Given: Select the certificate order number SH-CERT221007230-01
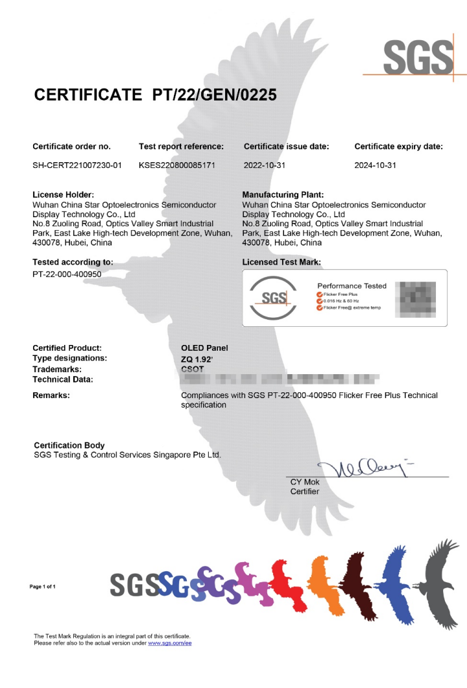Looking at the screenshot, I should [77, 165].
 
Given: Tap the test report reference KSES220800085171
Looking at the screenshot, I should [176, 165].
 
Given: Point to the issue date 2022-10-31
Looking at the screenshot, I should [265, 165].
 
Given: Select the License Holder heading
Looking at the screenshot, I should [63, 195].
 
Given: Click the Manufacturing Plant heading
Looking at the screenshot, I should [283, 195].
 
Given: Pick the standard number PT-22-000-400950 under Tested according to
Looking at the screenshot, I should [67, 274].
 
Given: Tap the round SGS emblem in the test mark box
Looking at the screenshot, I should [274, 297].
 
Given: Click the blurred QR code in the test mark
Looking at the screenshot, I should [416, 297].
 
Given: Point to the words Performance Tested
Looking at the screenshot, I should [352, 285].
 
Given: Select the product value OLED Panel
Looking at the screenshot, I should [204, 348].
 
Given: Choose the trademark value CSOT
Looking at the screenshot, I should [193, 368].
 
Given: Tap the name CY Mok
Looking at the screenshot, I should [305, 482].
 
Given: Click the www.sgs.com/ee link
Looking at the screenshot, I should [170, 643].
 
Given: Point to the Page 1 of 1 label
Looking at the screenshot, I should [43, 586].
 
